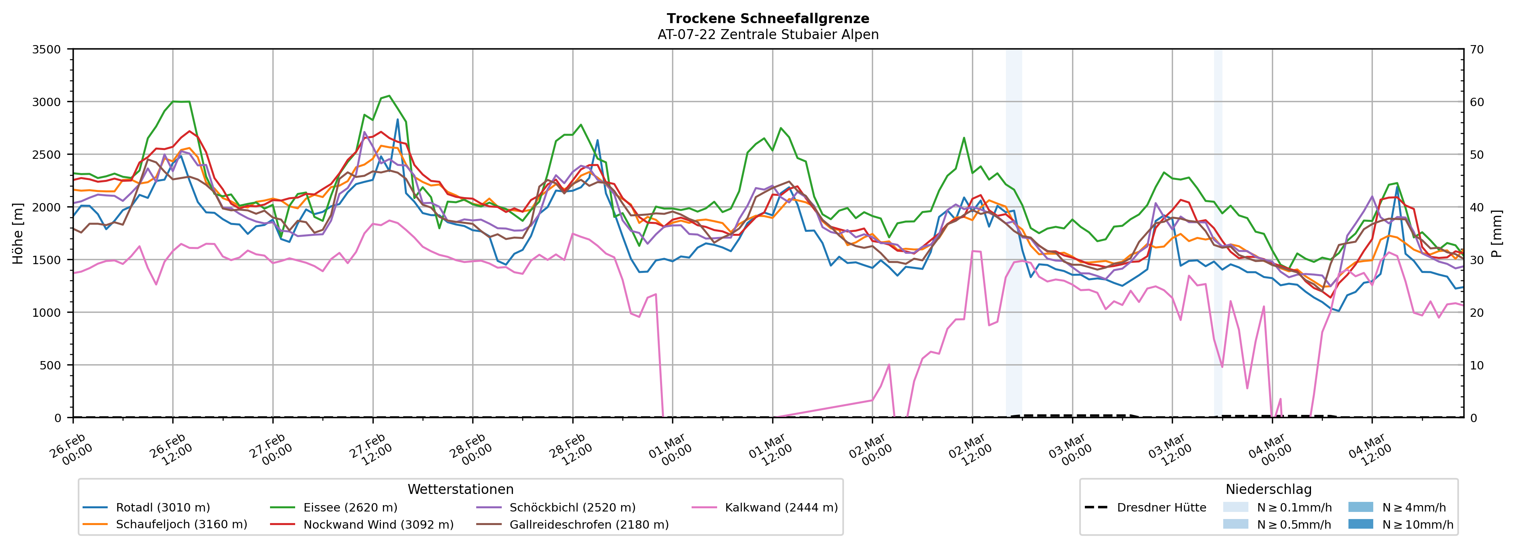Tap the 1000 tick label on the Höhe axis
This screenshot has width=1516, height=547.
[47, 313]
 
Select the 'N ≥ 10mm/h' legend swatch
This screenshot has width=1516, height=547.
[1360, 524]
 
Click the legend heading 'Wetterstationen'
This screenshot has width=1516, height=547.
[460, 489]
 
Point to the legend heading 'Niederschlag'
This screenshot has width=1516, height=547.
[1268, 489]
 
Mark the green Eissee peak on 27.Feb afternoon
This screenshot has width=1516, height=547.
[388, 96]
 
